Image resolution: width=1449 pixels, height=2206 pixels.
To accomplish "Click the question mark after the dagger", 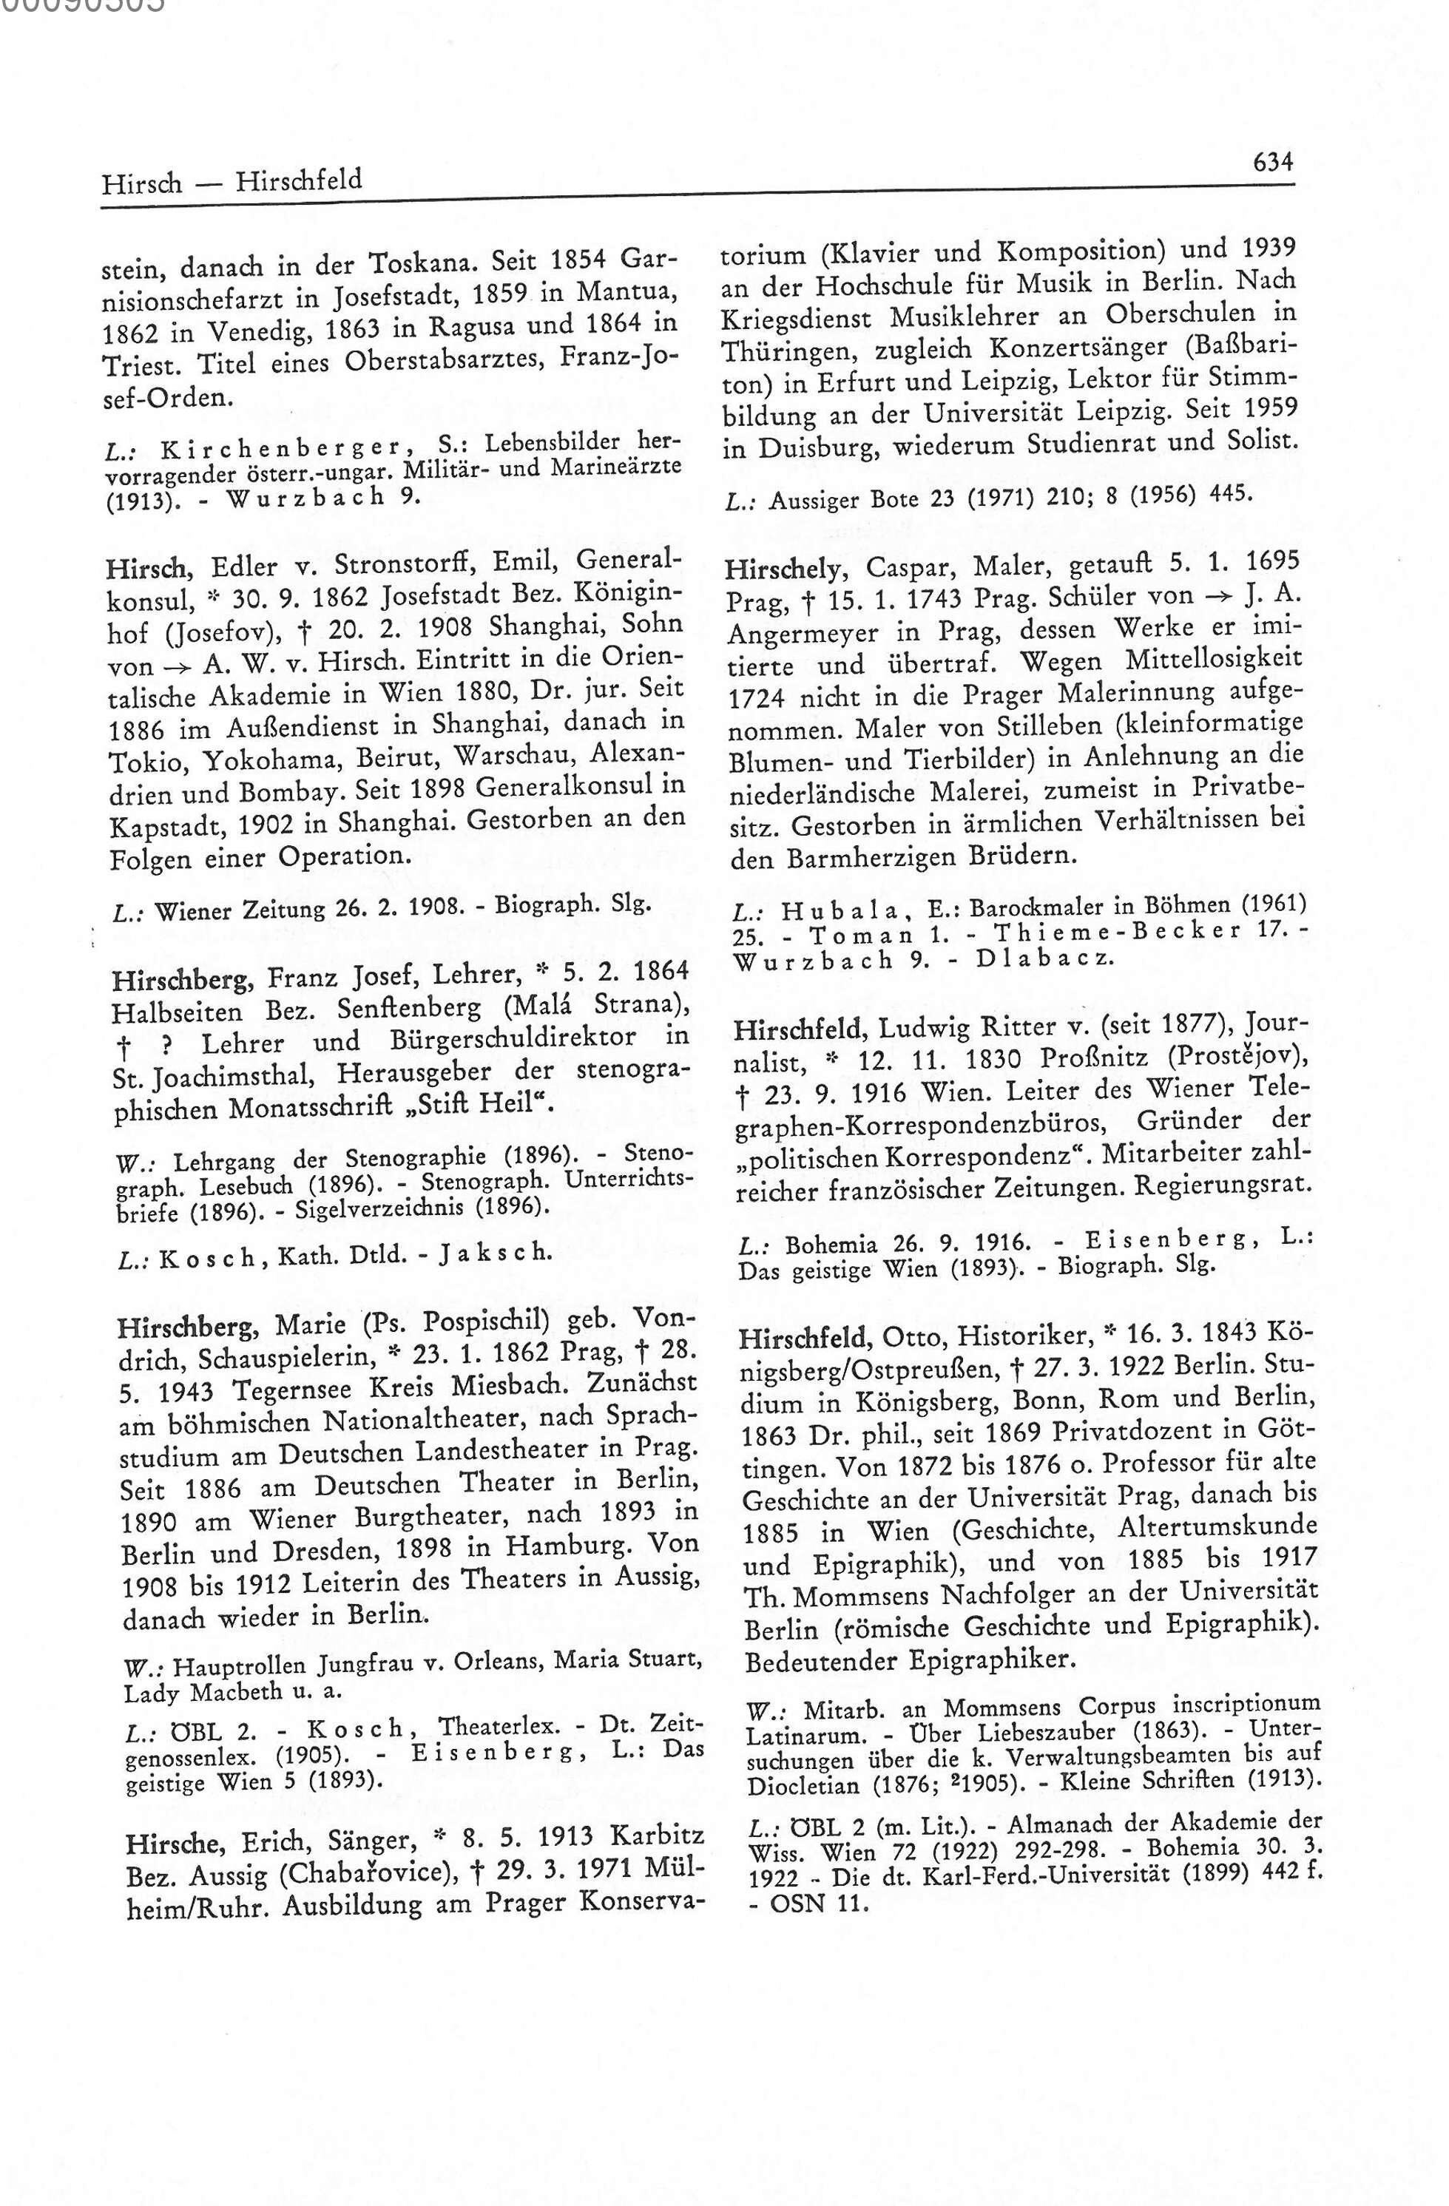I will (164, 1043).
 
